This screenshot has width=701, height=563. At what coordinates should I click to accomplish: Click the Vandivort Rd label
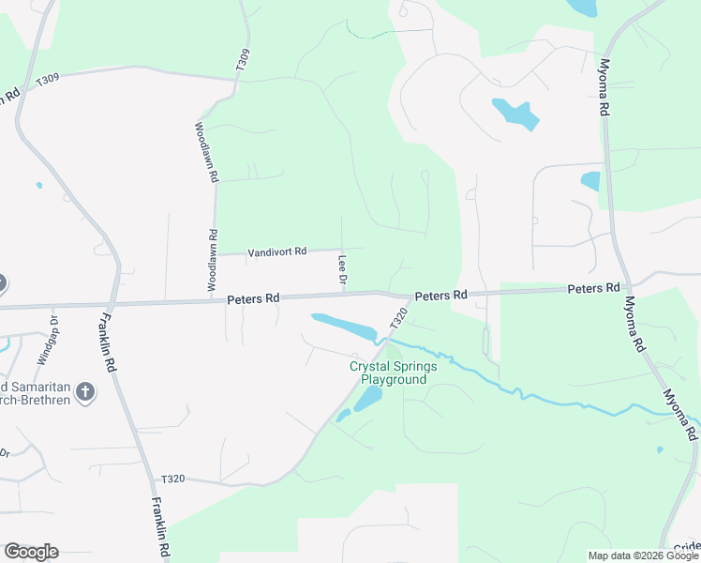click(276, 251)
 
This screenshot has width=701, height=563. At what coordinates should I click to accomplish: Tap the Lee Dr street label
click(343, 270)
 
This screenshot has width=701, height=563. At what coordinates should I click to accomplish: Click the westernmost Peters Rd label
click(253, 298)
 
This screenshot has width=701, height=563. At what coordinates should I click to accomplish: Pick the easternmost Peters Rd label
click(593, 287)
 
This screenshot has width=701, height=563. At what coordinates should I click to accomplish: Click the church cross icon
click(85, 391)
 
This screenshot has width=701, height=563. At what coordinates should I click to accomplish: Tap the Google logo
click(31, 552)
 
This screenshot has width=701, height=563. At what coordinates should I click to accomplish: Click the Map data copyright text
click(643, 555)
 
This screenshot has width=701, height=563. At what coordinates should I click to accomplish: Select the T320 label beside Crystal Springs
click(399, 317)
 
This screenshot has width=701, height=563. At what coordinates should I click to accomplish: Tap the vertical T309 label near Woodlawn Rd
click(244, 62)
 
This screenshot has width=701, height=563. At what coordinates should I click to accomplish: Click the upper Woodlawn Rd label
click(206, 151)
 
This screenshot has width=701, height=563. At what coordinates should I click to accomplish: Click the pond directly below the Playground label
click(367, 400)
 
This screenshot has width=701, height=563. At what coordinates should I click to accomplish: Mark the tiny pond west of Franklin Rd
click(38, 185)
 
